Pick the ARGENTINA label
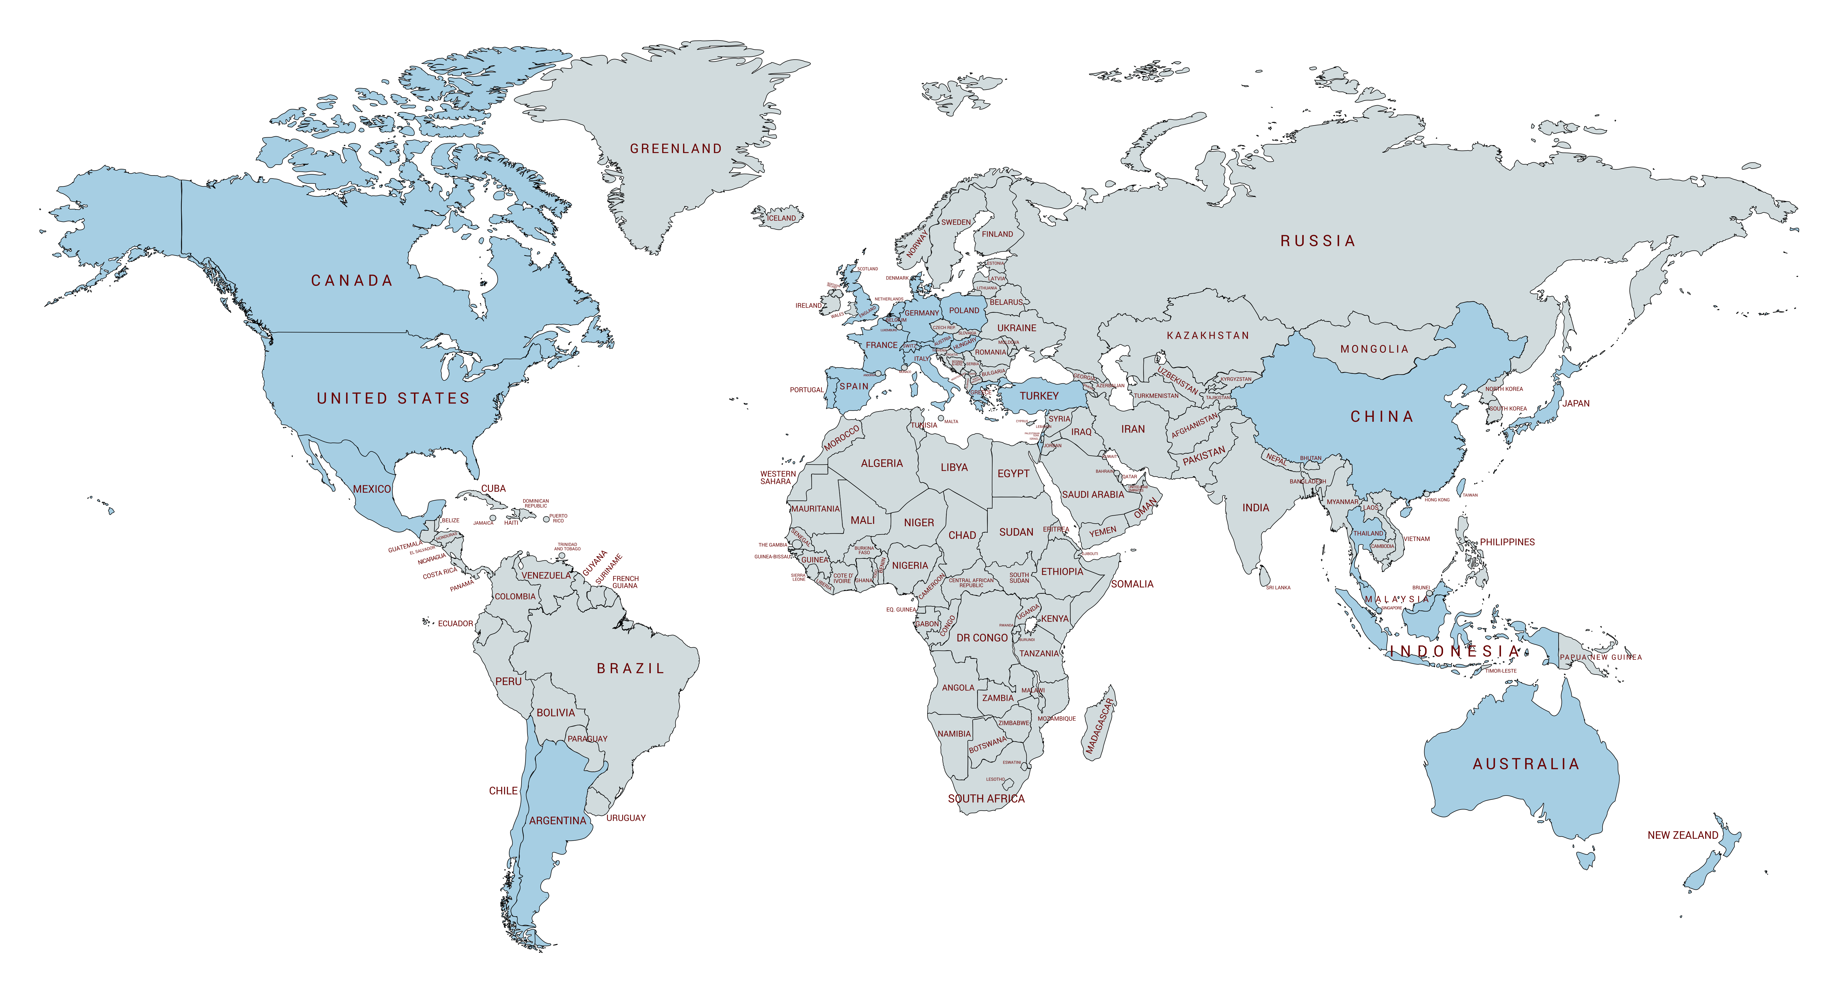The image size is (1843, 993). pyautogui.click(x=557, y=821)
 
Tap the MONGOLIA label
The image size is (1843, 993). pyautogui.click(x=1374, y=349)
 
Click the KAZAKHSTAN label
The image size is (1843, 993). pyautogui.click(x=1208, y=336)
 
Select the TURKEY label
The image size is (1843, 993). pyautogui.click(x=1039, y=395)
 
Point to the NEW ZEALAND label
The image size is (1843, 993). pyautogui.click(x=1683, y=835)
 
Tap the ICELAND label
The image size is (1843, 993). pyautogui.click(x=781, y=218)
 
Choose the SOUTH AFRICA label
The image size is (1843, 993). pyautogui.click(x=986, y=798)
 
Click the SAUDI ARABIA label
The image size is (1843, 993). pyautogui.click(x=1092, y=494)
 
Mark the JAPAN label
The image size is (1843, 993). pyautogui.click(x=1575, y=403)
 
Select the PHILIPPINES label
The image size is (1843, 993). pyautogui.click(x=1507, y=542)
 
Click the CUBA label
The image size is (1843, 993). pyautogui.click(x=493, y=489)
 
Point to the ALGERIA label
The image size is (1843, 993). pyautogui.click(x=882, y=464)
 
